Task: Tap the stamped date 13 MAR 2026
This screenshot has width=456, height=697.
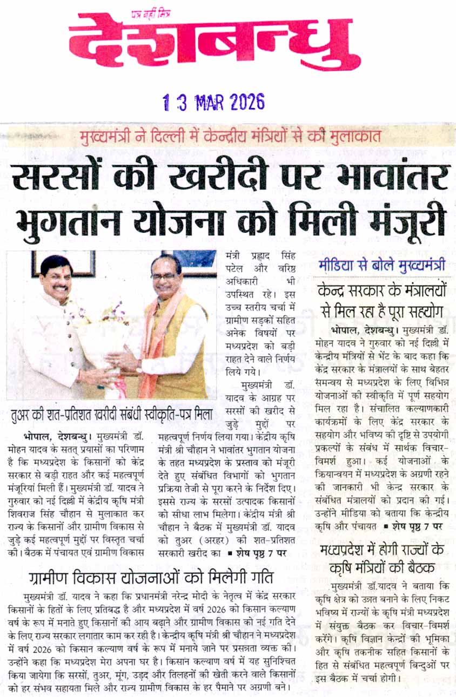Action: tap(214, 101)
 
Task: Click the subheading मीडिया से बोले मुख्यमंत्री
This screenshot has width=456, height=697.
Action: tap(382, 265)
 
